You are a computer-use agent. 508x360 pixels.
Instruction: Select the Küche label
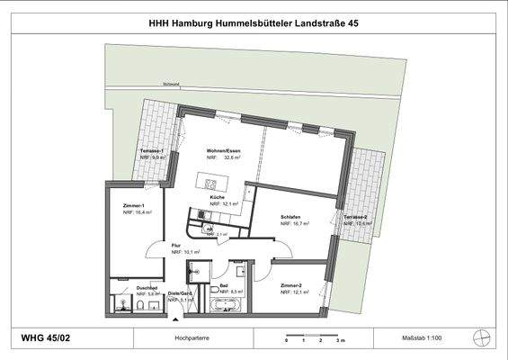pos(217,196)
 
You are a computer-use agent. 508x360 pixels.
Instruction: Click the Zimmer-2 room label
pos(291,286)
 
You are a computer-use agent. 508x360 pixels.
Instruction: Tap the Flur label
pos(177,245)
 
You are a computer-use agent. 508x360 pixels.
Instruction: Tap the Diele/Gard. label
pos(181,294)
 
